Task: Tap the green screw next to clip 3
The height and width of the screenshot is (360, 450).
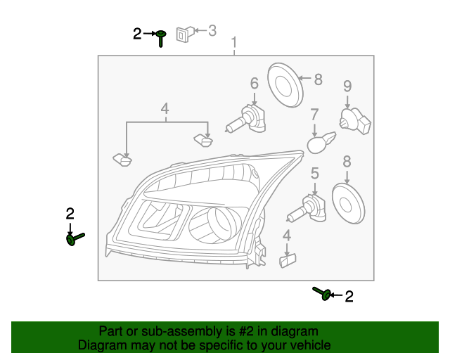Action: pyautogui.click(x=161, y=37)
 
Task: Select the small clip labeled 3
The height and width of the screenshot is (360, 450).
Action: pyautogui.click(x=184, y=32)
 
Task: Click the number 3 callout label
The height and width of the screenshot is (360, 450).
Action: pyautogui.click(x=212, y=30)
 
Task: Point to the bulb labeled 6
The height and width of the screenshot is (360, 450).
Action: pyautogui.click(x=247, y=121)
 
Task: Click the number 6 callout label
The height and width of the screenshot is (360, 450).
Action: pyautogui.click(x=254, y=84)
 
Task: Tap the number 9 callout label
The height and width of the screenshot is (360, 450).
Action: pyautogui.click(x=347, y=86)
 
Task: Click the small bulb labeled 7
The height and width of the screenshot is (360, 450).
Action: pyautogui.click(x=319, y=143)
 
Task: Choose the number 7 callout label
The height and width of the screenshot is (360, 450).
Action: pyautogui.click(x=314, y=114)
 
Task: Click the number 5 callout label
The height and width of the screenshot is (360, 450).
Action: pyautogui.click(x=314, y=172)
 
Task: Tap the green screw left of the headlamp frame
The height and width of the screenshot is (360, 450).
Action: pyautogui.click(x=74, y=239)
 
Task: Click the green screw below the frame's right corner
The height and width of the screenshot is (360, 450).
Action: pyautogui.click(x=323, y=294)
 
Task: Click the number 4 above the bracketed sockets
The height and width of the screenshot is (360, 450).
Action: pyautogui.click(x=165, y=108)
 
